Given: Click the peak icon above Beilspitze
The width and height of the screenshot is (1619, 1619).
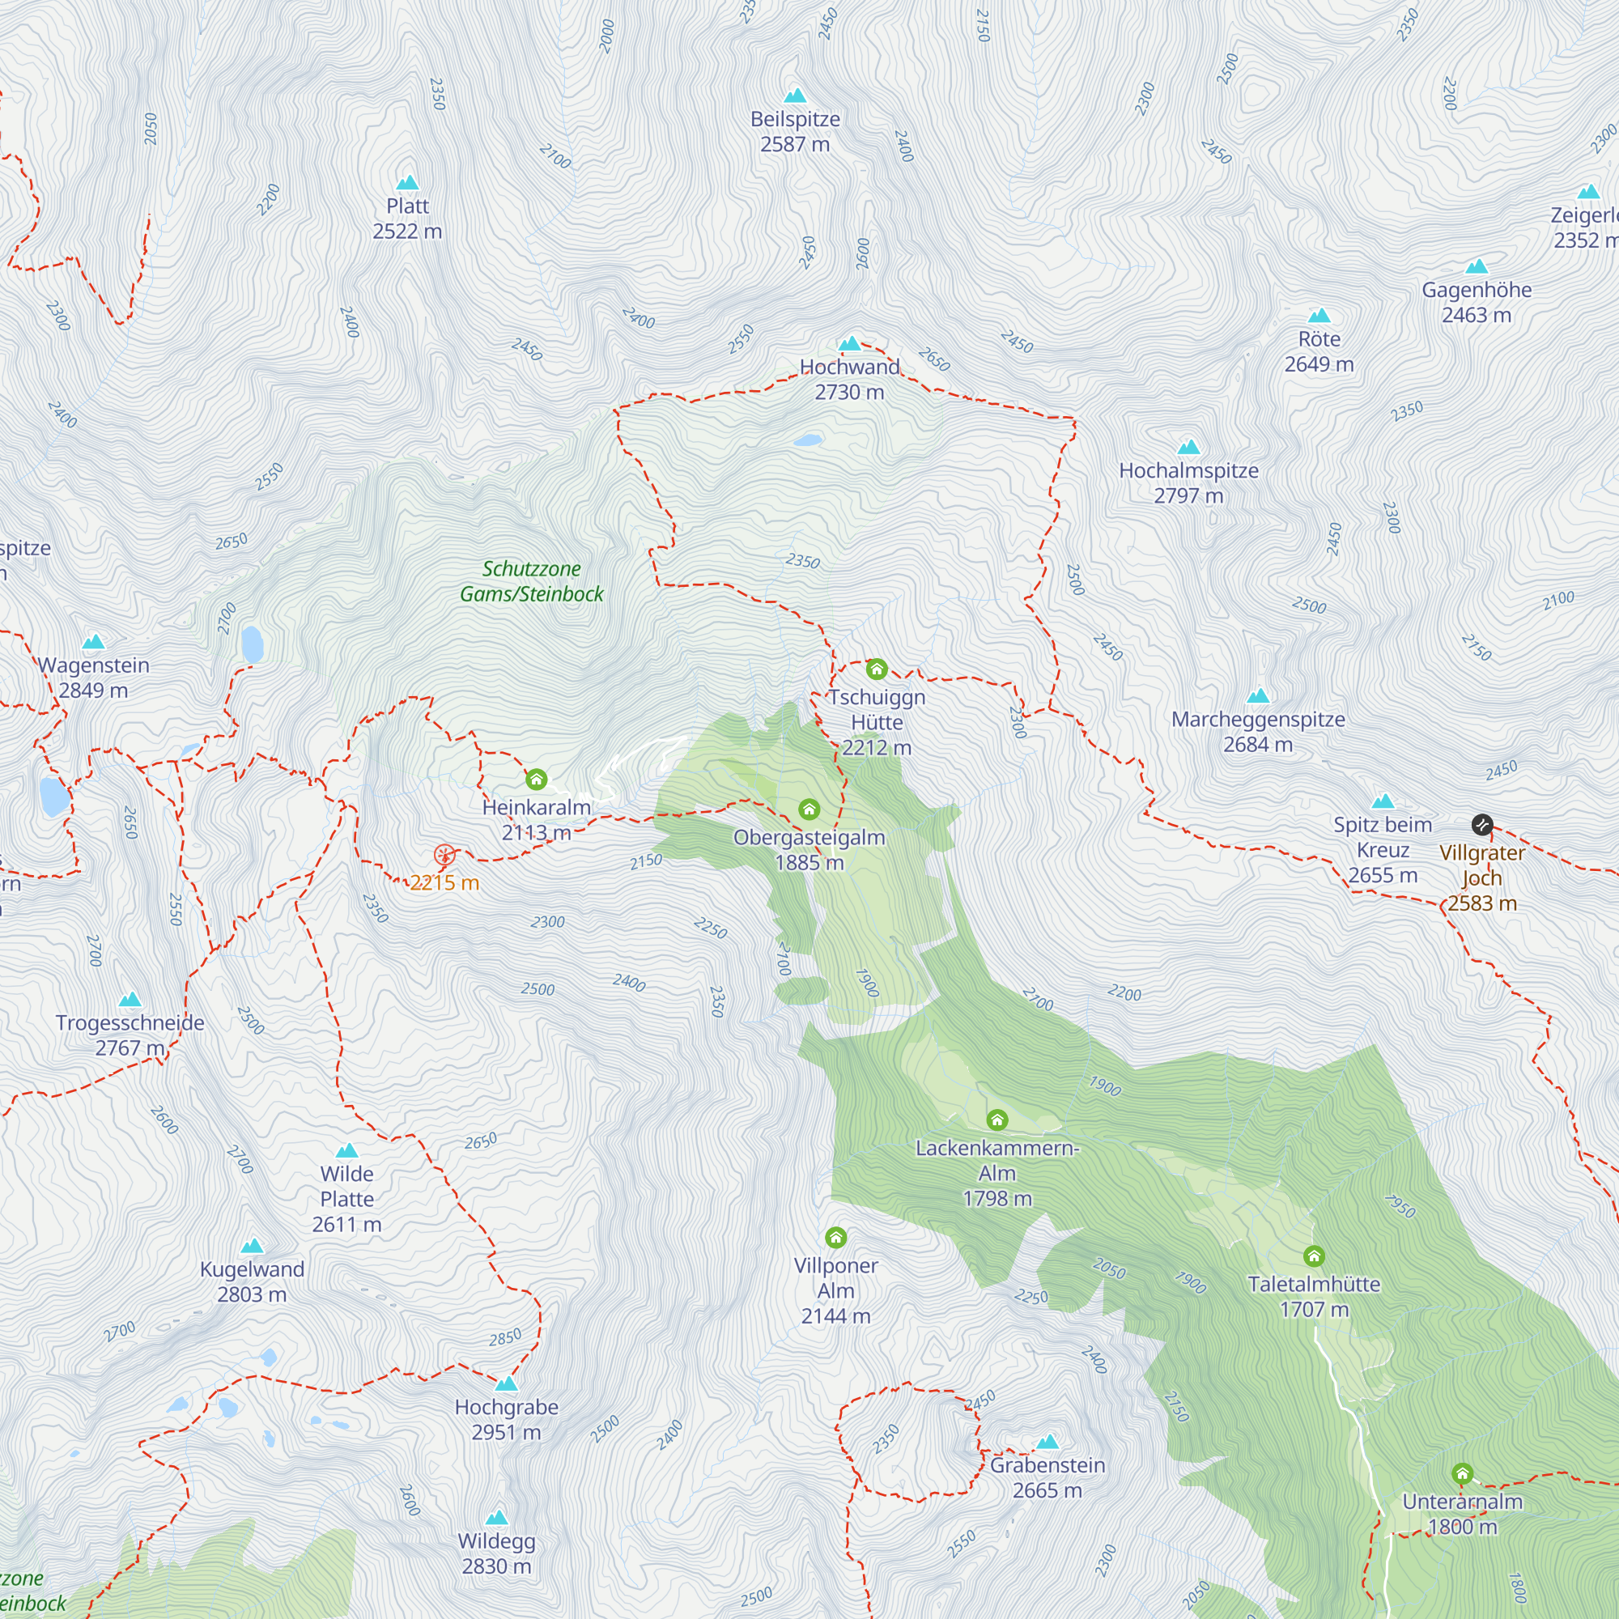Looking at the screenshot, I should (794, 96).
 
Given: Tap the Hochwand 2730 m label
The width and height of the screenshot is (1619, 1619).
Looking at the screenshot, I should (849, 380).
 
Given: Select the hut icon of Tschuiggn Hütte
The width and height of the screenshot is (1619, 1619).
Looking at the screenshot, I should (877, 669).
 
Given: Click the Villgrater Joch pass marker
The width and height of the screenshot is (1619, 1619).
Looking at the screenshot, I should (1481, 825).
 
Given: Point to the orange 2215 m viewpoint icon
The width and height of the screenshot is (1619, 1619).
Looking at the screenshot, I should (444, 856).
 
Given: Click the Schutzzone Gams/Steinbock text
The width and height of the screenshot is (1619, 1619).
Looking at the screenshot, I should (531, 580).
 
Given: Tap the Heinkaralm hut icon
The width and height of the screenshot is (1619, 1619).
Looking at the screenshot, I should (537, 780).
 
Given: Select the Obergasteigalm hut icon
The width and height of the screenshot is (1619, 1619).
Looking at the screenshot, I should (809, 809).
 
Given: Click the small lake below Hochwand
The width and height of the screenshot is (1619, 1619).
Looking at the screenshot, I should (808, 440).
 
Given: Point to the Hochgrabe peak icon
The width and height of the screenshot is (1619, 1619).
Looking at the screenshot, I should (506, 1383).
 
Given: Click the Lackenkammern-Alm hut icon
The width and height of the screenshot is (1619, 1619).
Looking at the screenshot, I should (996, 1120).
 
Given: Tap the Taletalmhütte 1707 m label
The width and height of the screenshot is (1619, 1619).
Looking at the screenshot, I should (1313, 1296).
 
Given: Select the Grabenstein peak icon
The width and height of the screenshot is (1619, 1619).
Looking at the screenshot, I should (1047, 1443).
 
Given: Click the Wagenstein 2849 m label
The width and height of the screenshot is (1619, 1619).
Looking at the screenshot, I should (93, 678).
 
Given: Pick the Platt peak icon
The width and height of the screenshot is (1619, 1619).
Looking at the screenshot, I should (407, 183).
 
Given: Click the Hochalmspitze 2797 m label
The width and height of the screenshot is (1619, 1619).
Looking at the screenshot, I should (1188, 482).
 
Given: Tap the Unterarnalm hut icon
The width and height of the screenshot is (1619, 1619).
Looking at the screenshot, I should (1462, 1473).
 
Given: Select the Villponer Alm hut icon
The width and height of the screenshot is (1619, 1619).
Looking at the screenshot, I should (835, 1237).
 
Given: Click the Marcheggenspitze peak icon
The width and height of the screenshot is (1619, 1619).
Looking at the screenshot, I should (1258, 695).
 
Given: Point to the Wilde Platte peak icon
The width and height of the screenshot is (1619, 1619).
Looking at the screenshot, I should (347, 1150).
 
